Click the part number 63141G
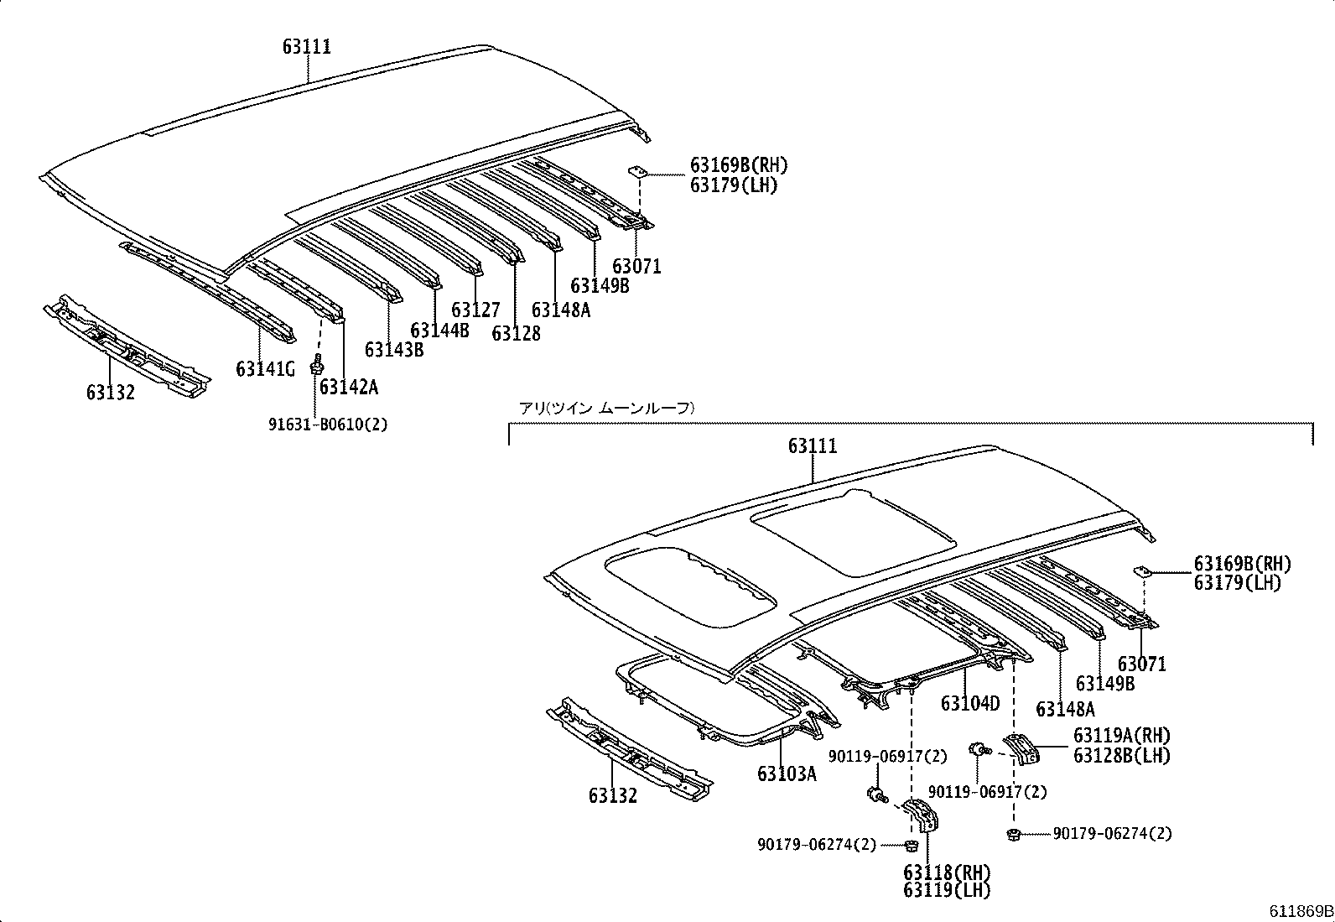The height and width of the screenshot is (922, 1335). [x=265, y=369]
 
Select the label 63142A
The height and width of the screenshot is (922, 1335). [x=349, y=387]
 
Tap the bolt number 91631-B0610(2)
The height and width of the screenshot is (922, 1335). [x=328, y=425]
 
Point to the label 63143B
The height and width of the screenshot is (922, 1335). [x=394, y=350]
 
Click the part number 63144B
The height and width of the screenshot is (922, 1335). [x=440, y=330]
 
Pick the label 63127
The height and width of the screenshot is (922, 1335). [x=475, y=310]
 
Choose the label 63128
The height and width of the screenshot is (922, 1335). [x=516, y=333]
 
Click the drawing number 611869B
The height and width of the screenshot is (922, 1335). [x=1301, y=911]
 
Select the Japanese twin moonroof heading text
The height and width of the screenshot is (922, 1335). [x=607, y=408]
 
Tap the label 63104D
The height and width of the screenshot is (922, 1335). [x=970, y=704]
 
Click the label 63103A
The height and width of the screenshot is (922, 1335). [x=787, y=774]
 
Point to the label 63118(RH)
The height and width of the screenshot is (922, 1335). [x=947, y=873]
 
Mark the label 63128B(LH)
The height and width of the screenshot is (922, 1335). [x=1122, y=756]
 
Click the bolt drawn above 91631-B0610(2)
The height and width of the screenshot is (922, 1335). [x=318, y=365]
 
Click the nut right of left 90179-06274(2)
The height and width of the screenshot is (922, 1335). [x=911, y=845]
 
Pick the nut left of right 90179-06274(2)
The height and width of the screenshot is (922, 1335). [x=1013, y=835]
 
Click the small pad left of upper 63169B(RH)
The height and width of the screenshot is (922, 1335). [x=636, y=172]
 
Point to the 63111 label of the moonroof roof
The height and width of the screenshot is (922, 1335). [x=813, y=446]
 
